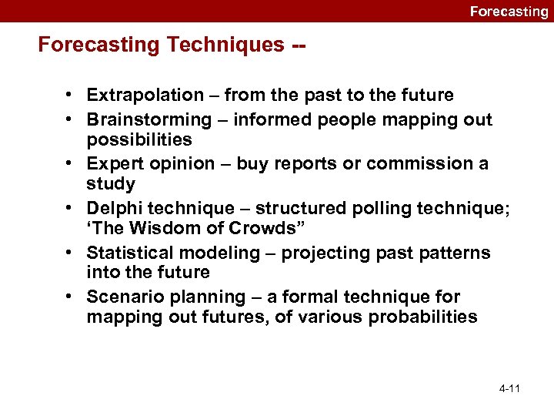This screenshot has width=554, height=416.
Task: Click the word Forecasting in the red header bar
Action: click(x=509, y=12)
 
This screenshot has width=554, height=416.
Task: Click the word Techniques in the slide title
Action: click(x=223, y=45)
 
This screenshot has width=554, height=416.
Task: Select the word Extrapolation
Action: click(x=144, y=96)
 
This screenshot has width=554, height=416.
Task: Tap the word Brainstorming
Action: click(x=149, y=119)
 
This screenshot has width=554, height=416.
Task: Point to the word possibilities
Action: click(x=139, y=139)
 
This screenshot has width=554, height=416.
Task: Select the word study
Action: click(x=111, y=184)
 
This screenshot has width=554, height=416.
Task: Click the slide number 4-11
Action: click(x=509, y=388)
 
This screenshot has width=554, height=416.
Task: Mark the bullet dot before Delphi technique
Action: click(x=69, y=208)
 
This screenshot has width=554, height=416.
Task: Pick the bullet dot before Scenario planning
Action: click(x=69, y=297)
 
